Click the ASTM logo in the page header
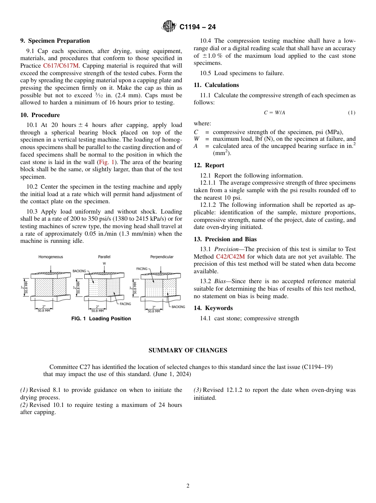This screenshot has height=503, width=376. (x=169, y=27)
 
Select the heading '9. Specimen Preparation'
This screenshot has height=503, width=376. (x=55, y=41)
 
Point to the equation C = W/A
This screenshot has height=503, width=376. (x=274, y=113)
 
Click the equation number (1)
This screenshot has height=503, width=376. (x=351, y=113)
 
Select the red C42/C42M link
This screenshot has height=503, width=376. (x=230, y=257)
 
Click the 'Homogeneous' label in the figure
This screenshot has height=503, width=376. (x=51, y=257)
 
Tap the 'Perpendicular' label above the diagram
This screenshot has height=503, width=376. (x=161, y=257)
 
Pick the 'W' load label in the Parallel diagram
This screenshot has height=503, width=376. (x=104, y=263)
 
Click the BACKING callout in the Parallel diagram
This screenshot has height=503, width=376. (x=79, y=271)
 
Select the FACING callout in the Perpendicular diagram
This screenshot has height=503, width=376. (x=142, y=269)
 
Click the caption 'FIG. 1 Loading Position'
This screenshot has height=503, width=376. (x=101, y=319)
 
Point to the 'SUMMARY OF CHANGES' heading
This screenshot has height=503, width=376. (x=188, y=350)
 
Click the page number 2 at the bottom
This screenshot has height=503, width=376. (x=188, y=486)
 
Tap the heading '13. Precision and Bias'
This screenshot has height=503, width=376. (x=225, y=239)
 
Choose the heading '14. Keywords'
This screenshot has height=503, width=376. (x=213, y=308)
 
